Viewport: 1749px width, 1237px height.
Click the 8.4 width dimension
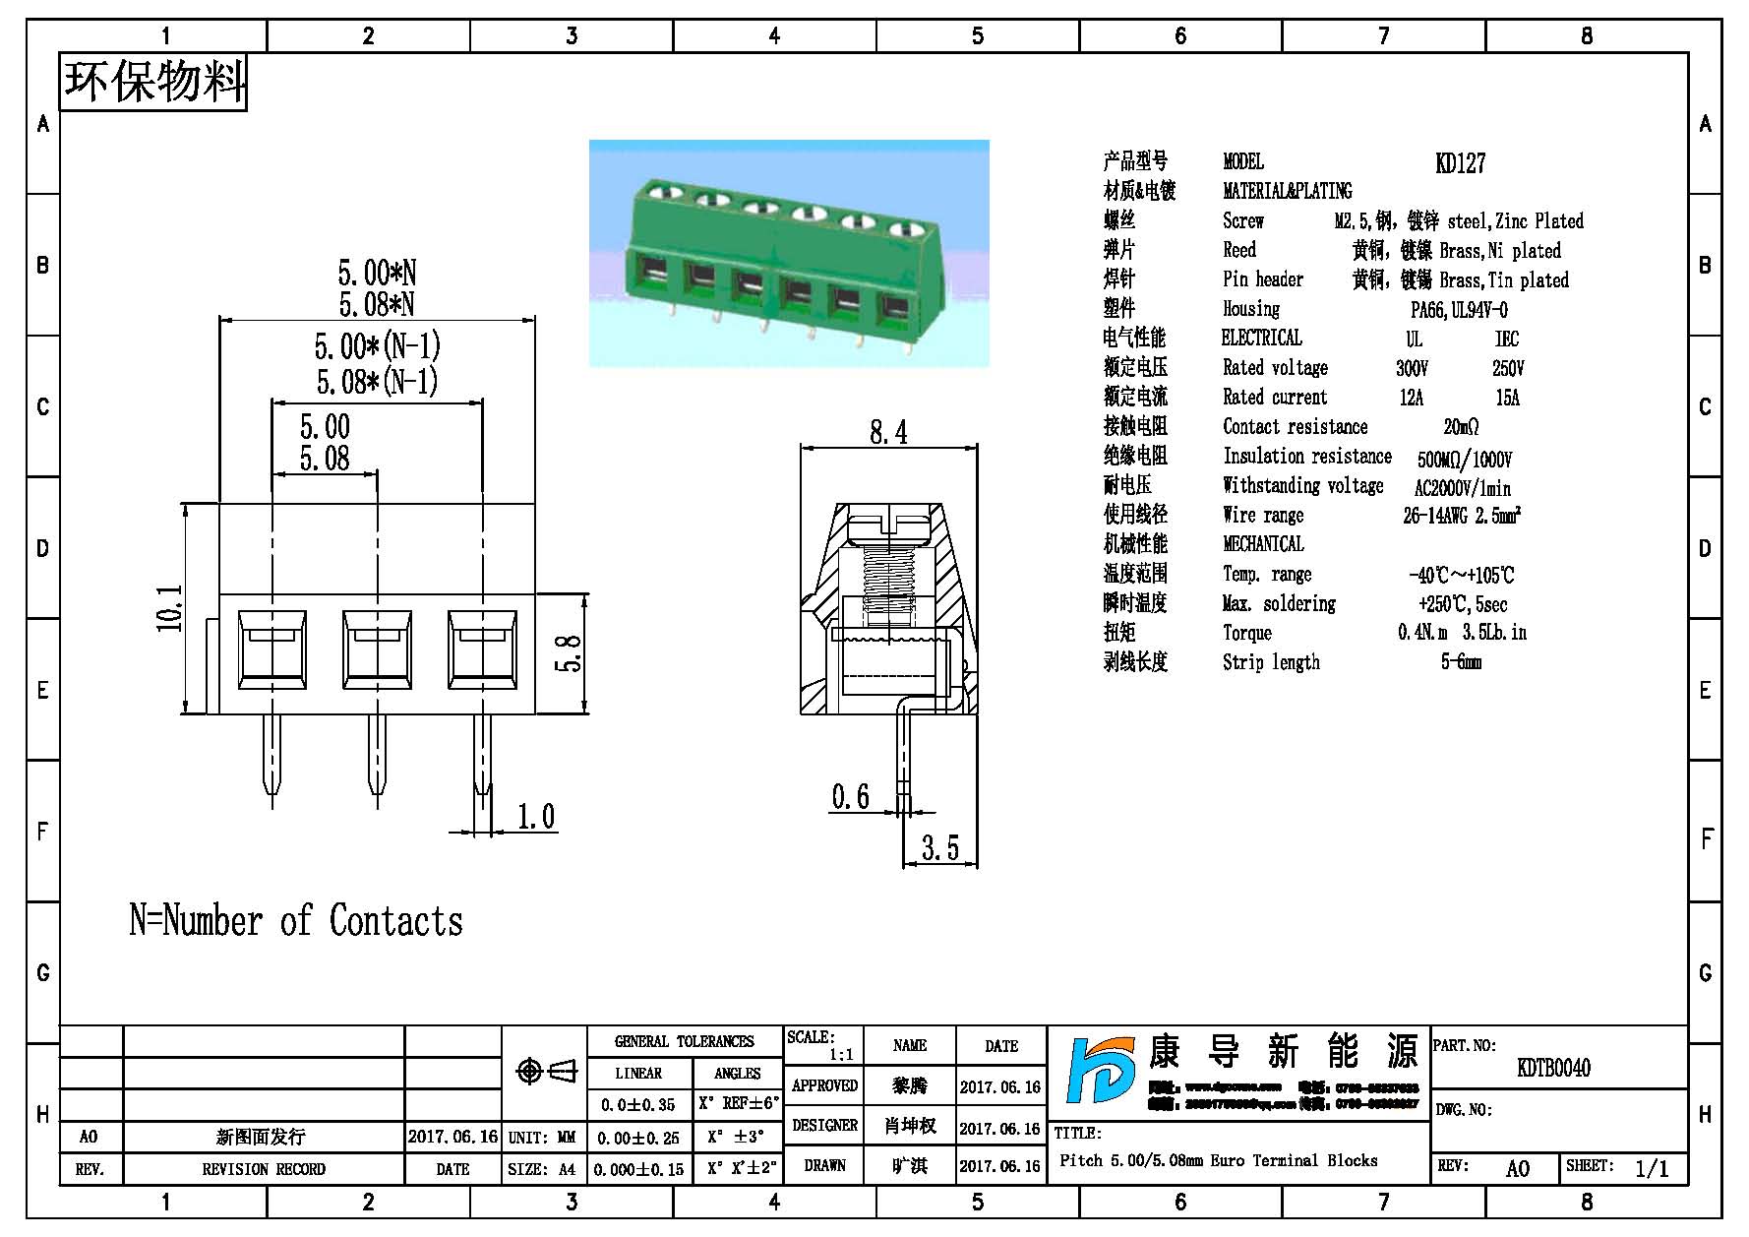[x=888, y=432]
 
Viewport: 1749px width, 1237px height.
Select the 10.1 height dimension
[x=169, y=607]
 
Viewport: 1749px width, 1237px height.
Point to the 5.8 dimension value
[x=570, y=652]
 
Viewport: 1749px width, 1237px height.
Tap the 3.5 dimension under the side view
[x=939, y=847]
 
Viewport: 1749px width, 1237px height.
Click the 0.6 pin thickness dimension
[x=850, y=796]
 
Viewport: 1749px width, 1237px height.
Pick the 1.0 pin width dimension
[x=536, y=816]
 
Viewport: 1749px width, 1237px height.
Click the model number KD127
[x=1460, y=163]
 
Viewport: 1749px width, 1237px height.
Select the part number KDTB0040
[x=1553, y=1068]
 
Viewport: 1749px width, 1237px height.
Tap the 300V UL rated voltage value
[x=1412, y=368]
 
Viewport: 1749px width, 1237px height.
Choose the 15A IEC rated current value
[x=1507, y=398]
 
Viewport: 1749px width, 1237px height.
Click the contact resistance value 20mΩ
[x=1461, y=427]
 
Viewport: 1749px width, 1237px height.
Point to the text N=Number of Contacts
[x=296, y=921]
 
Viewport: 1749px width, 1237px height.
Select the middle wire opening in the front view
[x=377, y=649]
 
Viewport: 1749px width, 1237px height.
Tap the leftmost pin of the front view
[x=271, y=760]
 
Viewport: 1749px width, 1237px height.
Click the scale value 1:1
[x=840, y=1055]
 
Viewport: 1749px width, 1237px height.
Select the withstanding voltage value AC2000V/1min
[x=1462, y=488]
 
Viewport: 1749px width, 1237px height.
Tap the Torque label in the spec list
[x=1246, y=633]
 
